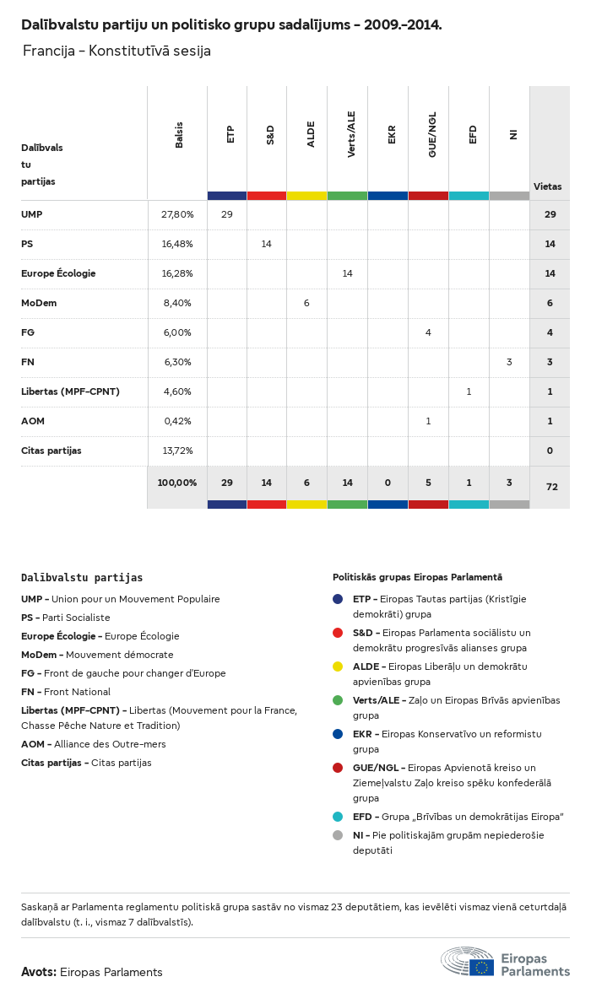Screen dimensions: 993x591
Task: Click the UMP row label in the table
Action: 32,214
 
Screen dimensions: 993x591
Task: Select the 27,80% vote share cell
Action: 177,214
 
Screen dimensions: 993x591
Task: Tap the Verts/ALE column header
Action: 351,134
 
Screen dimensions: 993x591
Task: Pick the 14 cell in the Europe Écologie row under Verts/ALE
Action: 347,273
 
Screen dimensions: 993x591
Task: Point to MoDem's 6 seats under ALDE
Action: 306,303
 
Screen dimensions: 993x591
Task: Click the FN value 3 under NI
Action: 509,362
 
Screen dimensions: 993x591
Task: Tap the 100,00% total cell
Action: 177,483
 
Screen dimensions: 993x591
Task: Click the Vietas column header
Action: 547,186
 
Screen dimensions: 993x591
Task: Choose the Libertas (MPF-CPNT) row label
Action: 70,391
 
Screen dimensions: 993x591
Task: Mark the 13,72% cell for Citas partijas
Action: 177,451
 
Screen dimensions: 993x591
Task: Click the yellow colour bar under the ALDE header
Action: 306,196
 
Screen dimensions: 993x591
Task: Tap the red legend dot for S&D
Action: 338,633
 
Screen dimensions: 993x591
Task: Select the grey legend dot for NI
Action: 338,835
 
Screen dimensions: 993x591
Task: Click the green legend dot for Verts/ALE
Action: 338,700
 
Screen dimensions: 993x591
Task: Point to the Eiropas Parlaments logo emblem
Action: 467,961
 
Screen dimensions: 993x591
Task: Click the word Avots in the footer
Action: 39,972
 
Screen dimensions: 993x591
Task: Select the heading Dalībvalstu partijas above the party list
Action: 82,578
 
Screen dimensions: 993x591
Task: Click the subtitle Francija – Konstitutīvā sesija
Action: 117,51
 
